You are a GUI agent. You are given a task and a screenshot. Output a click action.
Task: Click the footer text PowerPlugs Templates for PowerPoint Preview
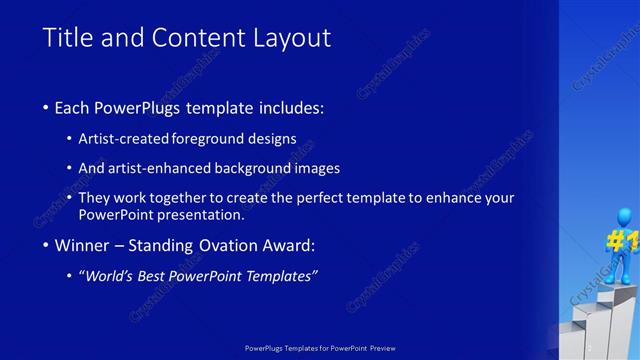319,347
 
